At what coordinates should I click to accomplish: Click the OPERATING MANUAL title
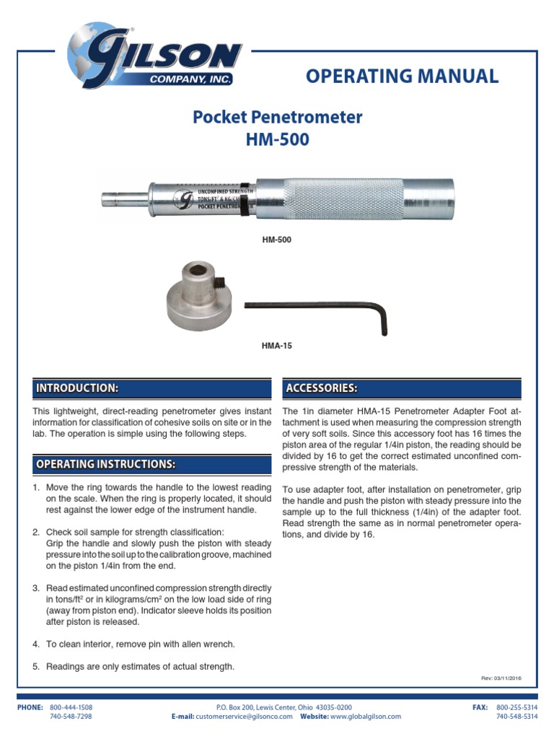(402, 76)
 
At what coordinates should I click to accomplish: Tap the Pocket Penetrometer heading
(277, 117)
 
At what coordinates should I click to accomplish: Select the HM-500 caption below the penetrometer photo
(277, 239)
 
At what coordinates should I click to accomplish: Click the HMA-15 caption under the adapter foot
(276, 346)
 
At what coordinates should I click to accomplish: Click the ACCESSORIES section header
(322, 388)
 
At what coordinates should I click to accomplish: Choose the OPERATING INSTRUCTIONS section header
(105, 464)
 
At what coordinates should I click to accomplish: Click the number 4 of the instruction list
(36, 644)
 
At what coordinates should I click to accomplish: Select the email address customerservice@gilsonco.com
(244, 717)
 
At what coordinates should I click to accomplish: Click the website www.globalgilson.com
(365, 717)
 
